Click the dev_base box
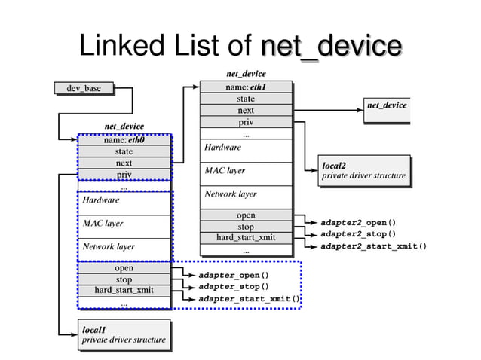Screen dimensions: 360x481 [x=84, y=89]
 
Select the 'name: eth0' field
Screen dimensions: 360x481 [x=124, y=139]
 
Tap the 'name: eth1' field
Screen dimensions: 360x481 [x=246, y=87]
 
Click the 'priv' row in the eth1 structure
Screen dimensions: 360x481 [x=246, y=122]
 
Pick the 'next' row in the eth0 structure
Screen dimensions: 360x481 [x=124, y=163]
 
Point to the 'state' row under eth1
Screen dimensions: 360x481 [x=246, y=99]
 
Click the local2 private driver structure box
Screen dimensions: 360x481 [x=364, y=171]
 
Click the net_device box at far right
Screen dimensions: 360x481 [x=387, y=105]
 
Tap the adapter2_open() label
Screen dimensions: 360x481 [x=358, y=223]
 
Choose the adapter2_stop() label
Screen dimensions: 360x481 [x=358, y=234]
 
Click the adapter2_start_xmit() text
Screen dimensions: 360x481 [x=373, y=246]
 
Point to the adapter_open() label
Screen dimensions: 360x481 [x=234, y=275]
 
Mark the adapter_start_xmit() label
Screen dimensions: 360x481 [x=249, y=299]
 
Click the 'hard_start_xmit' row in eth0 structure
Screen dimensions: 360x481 [x=124, y=291]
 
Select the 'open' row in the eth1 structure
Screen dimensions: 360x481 [x=246, y=215]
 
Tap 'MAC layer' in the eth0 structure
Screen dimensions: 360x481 [x=103, y=224]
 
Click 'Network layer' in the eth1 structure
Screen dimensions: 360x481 [x=231, y=194]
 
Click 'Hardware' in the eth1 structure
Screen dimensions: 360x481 [x=222, y=148]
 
